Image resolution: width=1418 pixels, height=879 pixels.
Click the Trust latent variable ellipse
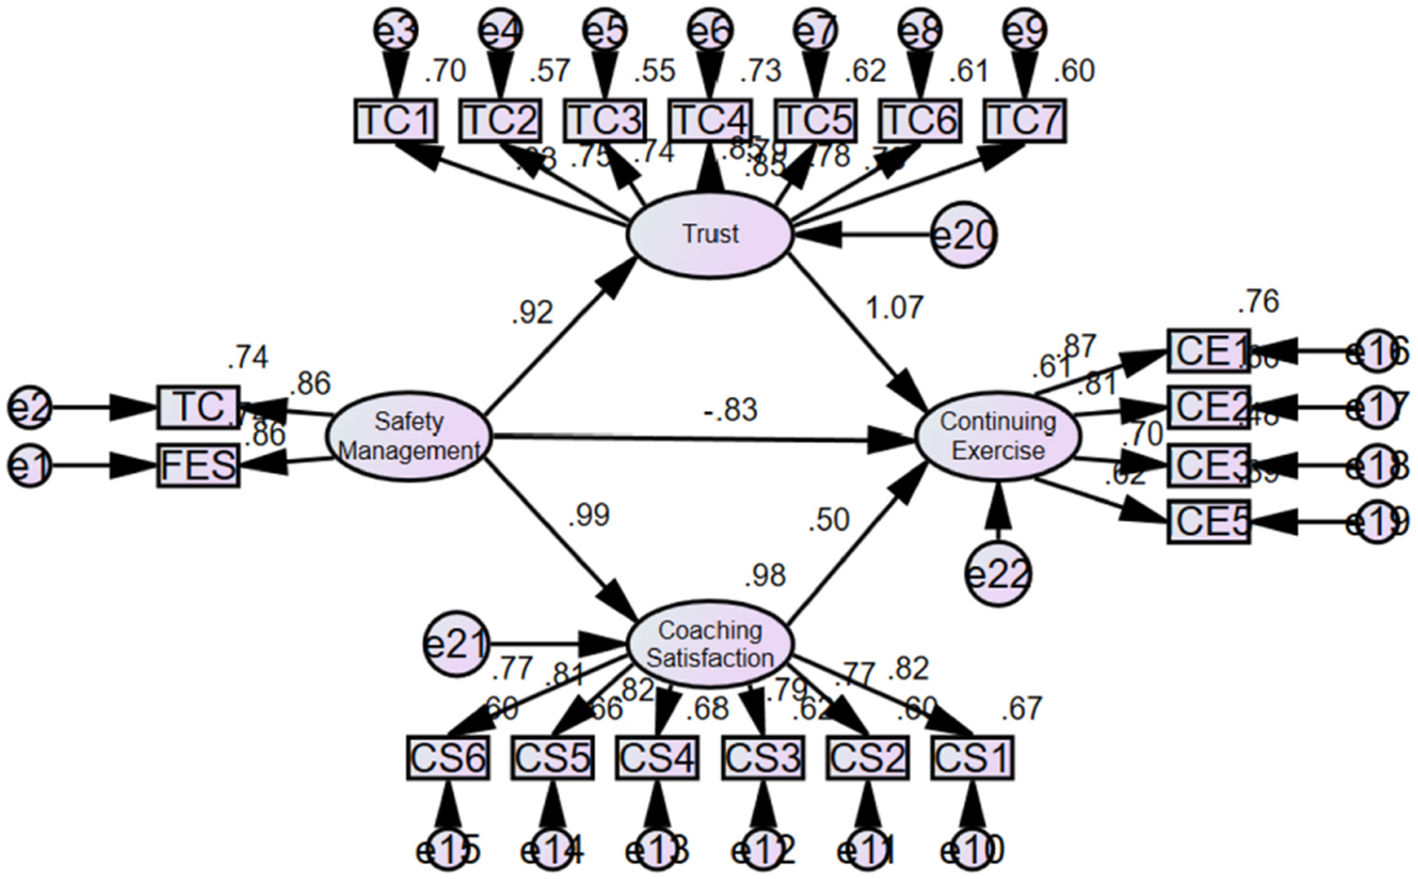709,234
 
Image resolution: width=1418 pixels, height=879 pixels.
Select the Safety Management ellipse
408,437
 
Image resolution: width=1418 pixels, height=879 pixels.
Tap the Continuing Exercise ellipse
997,436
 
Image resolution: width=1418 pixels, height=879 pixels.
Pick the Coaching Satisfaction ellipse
709,644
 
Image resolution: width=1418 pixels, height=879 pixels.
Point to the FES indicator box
198,465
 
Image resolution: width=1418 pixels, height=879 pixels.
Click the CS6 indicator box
448,758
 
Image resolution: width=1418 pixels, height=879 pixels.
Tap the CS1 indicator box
972,758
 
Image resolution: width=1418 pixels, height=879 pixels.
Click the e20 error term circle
964,235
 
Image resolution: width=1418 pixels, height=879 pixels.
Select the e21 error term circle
455,644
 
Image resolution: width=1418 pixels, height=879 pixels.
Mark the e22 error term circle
997,574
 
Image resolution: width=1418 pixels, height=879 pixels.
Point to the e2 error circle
30,407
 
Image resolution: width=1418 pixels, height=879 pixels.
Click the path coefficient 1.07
894,307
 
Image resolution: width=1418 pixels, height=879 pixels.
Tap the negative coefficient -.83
729,409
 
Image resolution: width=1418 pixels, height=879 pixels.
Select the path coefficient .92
532,313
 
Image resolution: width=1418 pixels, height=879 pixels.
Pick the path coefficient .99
588,514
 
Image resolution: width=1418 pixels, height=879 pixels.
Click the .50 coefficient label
828,520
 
